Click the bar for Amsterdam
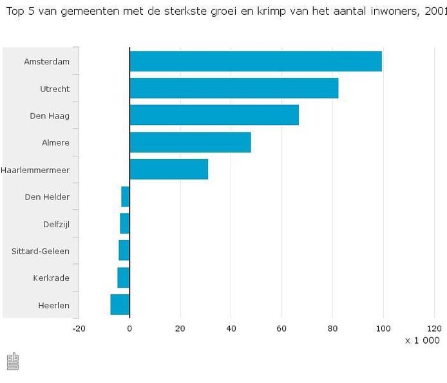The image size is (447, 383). click(256, 61)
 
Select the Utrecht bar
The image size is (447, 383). click(234, 88)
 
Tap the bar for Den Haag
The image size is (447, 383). click(214, 115)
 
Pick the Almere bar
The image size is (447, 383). click(190, 142)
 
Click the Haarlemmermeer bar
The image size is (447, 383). click(169, 169)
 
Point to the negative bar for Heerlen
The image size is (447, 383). click(120, 304)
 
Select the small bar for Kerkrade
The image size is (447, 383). click(124, 277)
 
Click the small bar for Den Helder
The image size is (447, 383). click(126, 196)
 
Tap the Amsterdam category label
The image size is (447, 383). click(46, 62)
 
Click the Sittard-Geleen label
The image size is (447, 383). click(41, 251)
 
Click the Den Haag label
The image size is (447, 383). click(50, 116)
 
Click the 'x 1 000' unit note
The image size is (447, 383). click(422, 341)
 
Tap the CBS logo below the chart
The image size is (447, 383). click(12, 362)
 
